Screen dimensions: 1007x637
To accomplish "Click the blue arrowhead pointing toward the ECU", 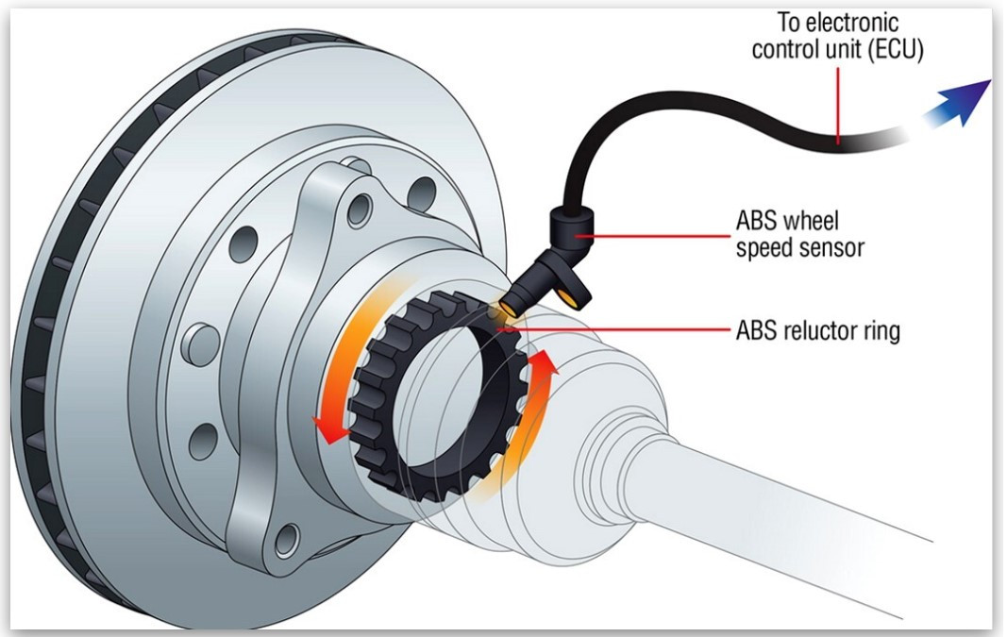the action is coord(964,103).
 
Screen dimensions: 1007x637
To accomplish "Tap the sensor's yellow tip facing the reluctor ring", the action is coord(511,309).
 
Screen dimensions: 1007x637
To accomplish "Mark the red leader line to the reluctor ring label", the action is coord(616,330).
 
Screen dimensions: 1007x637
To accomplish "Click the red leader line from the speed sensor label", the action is coord(652,236).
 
